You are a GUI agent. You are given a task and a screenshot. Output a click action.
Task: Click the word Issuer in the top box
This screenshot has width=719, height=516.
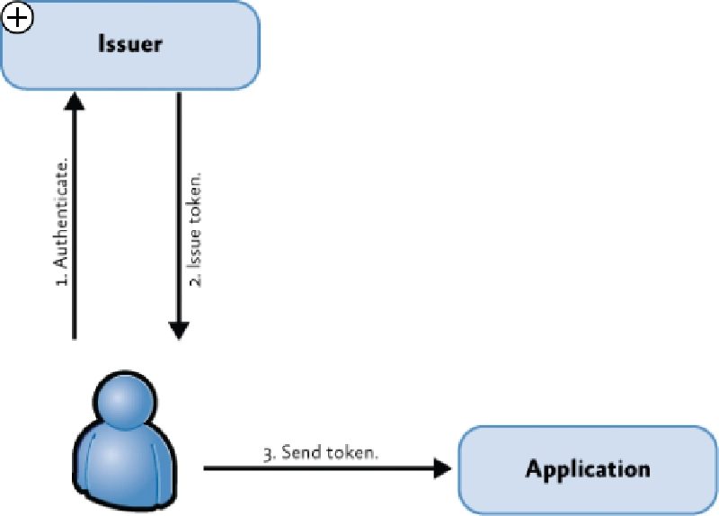tap(130, 44)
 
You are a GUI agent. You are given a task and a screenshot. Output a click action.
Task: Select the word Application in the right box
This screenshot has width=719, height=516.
tap(588, 468)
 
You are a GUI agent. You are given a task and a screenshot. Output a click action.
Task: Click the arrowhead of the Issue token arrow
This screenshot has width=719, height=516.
tap(179, 329)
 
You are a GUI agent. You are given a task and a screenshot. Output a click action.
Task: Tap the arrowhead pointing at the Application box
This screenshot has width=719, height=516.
tap(443, 467)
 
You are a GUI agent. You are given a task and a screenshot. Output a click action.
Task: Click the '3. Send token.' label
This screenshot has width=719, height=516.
tap(321, 453)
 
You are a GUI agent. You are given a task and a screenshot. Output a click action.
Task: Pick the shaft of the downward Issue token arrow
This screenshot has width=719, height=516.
tap(179, 207)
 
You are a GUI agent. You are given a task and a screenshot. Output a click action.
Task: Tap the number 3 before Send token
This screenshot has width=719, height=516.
tap(268, 454)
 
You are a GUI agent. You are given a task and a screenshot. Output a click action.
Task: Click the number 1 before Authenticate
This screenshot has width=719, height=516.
tap(62, 281)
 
